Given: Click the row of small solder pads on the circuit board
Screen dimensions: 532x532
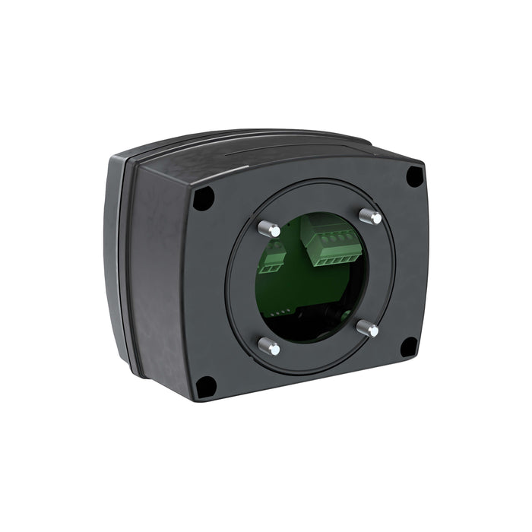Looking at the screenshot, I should [283, 312].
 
